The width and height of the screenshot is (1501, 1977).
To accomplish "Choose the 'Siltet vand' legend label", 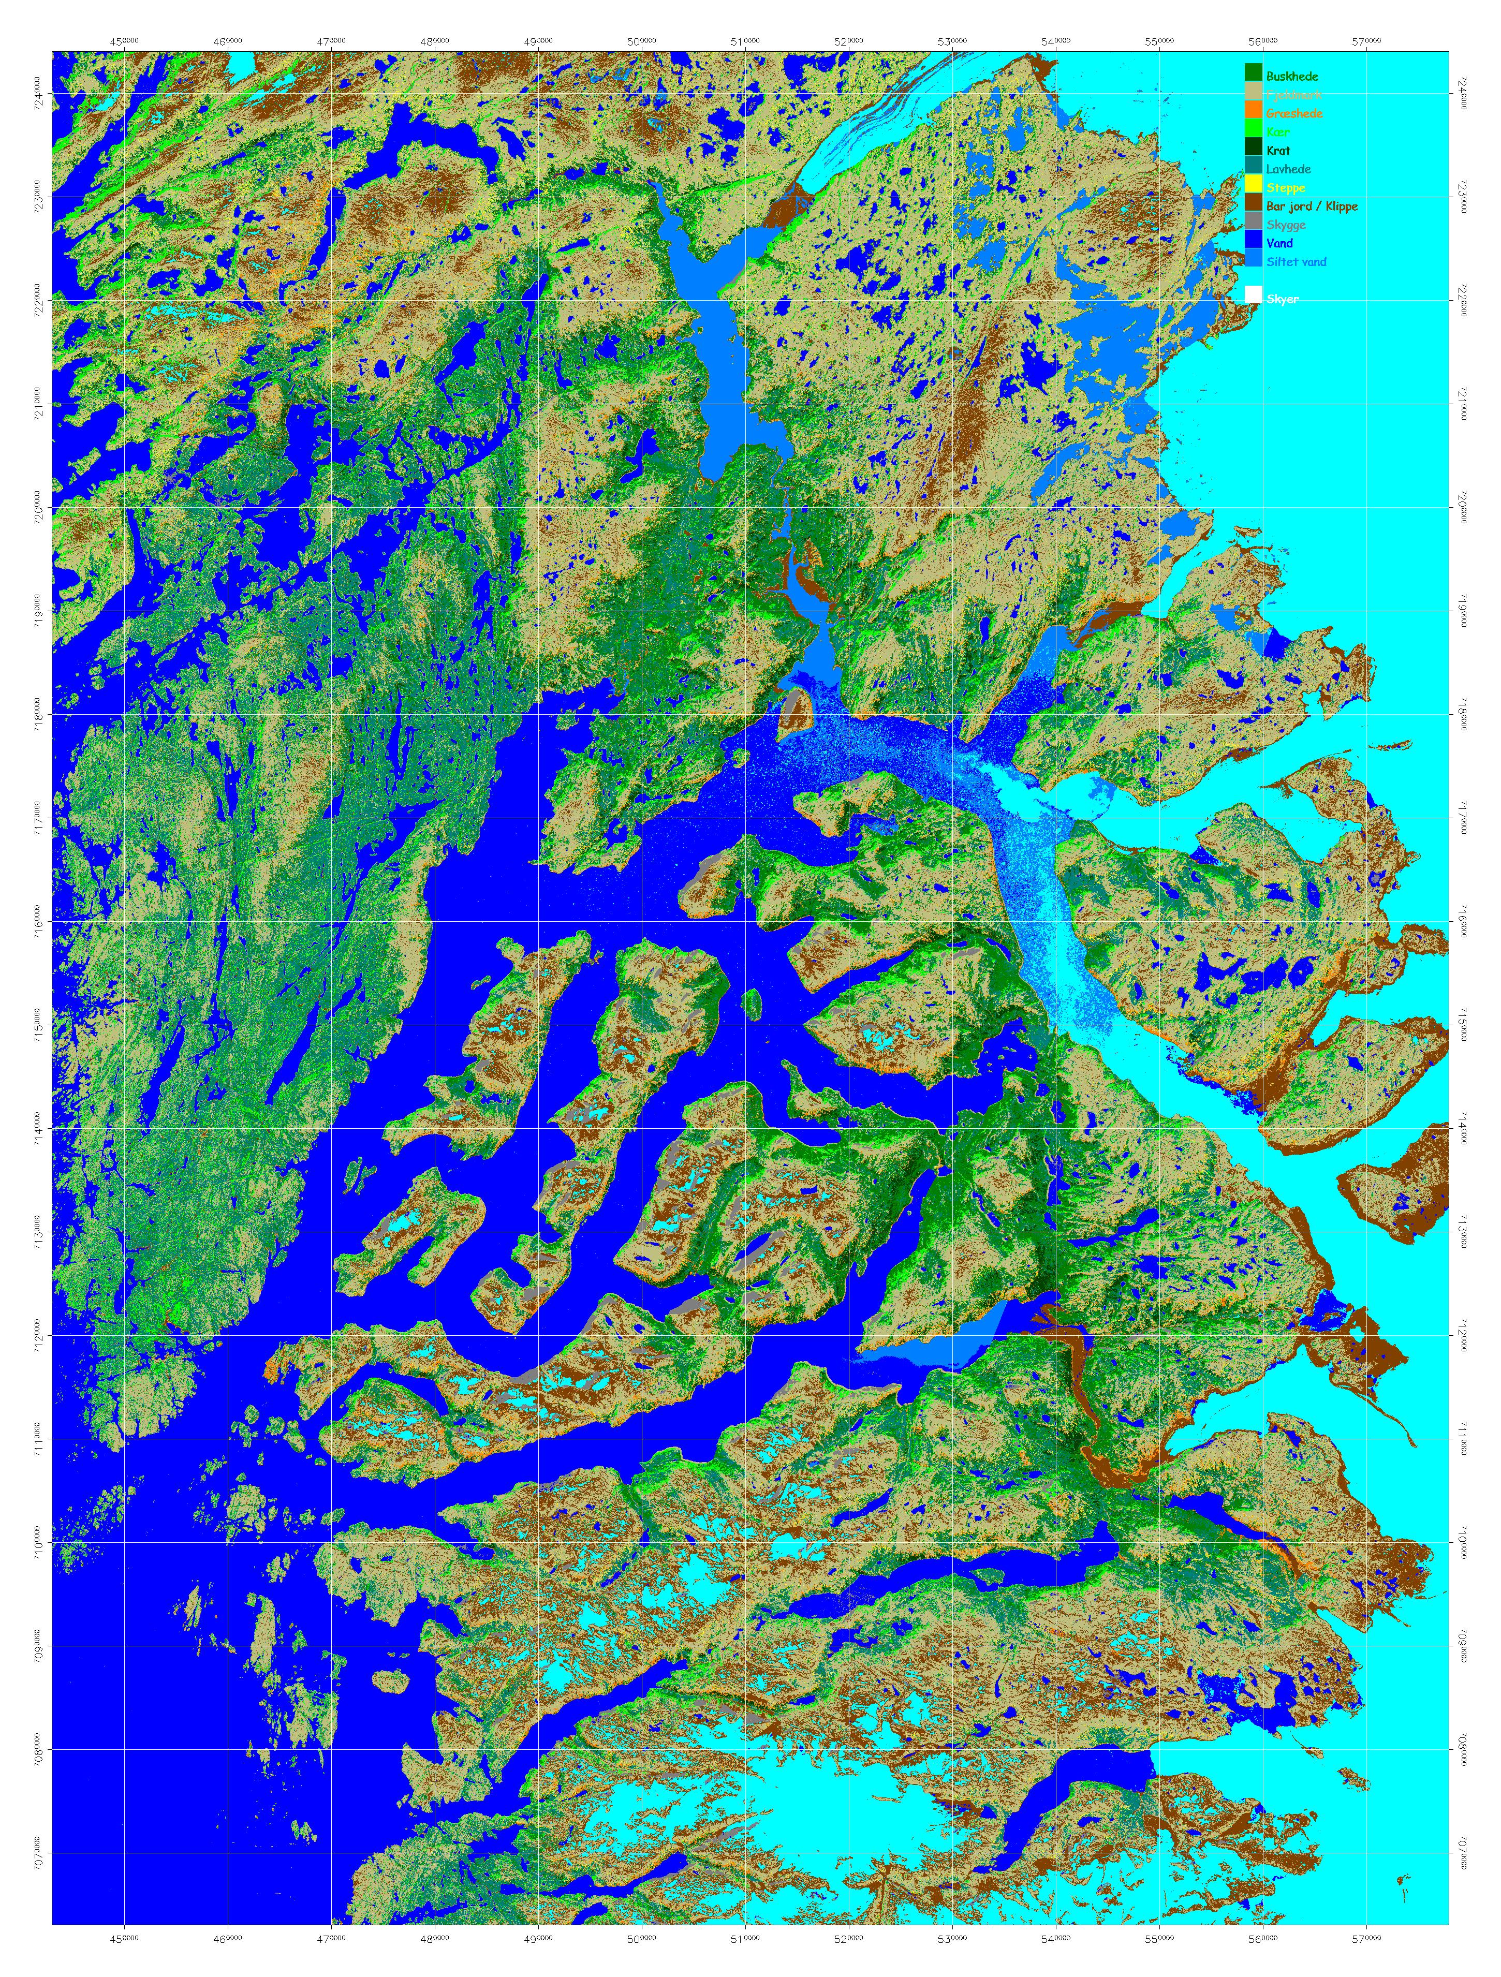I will point(1296,262).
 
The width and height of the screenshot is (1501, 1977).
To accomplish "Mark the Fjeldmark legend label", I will point(1293,95).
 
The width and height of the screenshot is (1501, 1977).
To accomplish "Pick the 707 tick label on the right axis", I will point(1463,1854).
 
